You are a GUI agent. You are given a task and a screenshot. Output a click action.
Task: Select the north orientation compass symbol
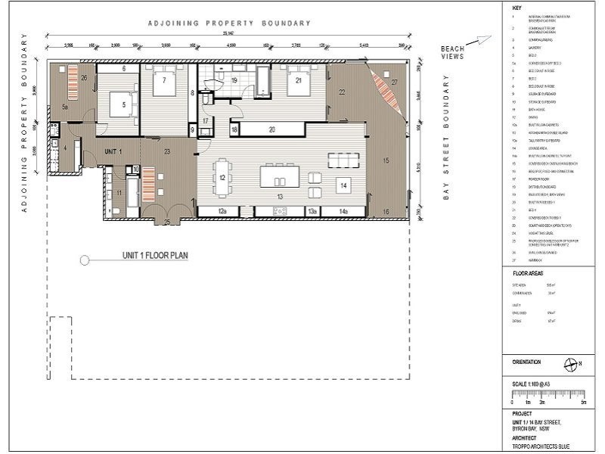[570, 364]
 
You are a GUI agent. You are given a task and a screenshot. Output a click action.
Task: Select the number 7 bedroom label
[163, 79]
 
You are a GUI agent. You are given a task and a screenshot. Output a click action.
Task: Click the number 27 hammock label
[394, 81]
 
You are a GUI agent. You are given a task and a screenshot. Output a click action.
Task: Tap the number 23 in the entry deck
[166, 152]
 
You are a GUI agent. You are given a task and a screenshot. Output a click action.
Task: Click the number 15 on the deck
[386, 160]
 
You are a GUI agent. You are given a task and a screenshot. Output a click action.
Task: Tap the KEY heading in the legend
[517, 8]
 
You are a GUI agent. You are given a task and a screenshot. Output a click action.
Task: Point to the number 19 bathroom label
[234, 79]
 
